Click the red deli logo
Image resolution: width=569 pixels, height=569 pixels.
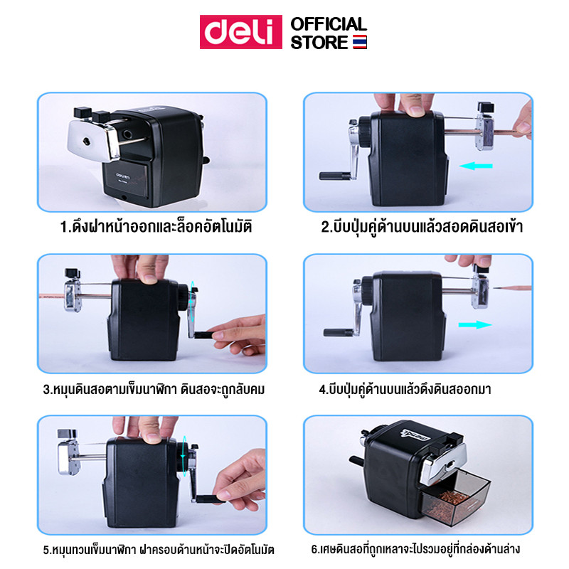(241, 32)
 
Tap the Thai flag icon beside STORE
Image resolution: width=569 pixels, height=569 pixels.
(360, 42)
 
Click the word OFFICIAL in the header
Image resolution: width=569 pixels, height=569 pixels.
(329, 24)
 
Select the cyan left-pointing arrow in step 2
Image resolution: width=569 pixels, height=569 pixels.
(476, 166)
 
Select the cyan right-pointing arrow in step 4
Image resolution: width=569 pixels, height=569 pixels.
(475, 324)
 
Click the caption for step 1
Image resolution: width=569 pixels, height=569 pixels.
(156, 227)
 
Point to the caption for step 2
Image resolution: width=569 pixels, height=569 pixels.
(422, 227)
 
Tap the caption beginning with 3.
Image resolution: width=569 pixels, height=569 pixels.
(154, 389)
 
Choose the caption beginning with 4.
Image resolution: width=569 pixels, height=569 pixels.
(405, 389)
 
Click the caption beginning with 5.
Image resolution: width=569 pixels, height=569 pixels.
(159, 550)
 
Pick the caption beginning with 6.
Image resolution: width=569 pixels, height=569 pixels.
(416, 549)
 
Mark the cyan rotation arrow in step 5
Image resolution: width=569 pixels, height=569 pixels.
(184, 456)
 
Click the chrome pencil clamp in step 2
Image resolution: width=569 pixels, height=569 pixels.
(485, 131)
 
